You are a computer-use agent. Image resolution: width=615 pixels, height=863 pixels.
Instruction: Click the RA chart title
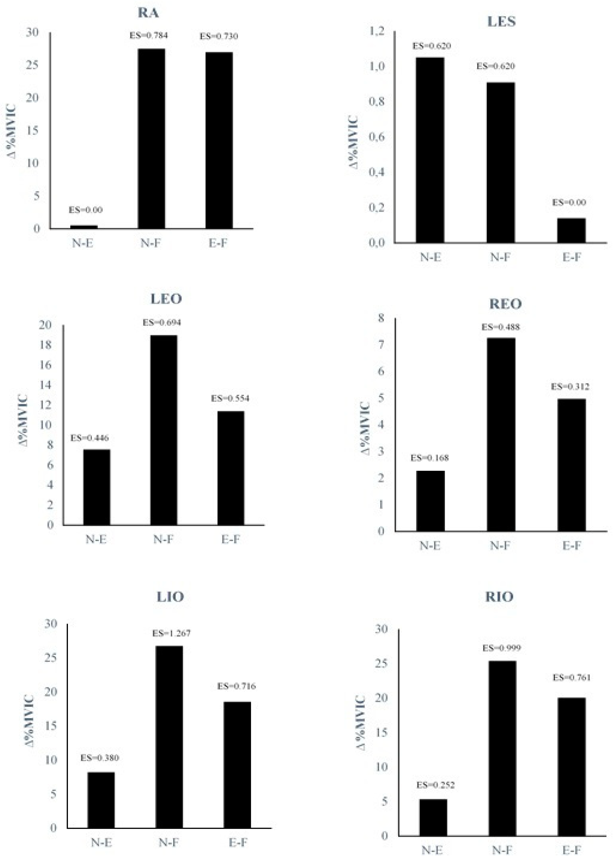pyautogui.click(x=148, y=13)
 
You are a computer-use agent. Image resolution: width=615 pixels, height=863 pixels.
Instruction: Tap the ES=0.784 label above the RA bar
pyautogui.click(x=149, y=36)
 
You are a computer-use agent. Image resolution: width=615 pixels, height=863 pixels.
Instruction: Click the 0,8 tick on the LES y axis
pyautogui.click(x=377, y=102)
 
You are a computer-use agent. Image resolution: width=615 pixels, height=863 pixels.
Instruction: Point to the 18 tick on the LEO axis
pyautogui.click(x=45, y=345)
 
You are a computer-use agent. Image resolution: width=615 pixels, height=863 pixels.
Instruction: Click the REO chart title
pyautogui.click(x=505, y=304)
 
